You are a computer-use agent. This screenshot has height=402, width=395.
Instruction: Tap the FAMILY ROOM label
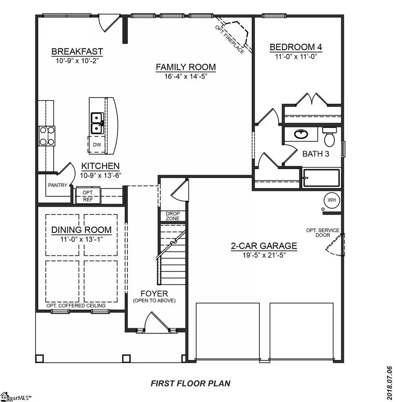[x=186, y=67]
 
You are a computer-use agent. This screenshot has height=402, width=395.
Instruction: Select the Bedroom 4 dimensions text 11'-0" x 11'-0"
[x=293, y=56]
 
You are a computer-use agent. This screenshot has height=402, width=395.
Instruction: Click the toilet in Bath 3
[x=329, y=136]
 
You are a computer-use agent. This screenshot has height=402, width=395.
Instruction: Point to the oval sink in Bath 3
[x=301, y=134]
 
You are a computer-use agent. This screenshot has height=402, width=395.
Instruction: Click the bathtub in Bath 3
[x=321, y=178]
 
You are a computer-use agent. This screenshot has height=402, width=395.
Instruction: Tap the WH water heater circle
[x=331, y=200]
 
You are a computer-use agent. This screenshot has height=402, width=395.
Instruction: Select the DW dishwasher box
[x=96, y=144]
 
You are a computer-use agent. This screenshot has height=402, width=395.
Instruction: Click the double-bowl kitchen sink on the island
[x=97, y=123]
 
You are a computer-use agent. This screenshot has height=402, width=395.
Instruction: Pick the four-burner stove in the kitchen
[x=46, y=136]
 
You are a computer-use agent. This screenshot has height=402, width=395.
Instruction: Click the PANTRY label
[x=57, y=185]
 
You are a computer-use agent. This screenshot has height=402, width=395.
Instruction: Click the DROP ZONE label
[x=172, y=216]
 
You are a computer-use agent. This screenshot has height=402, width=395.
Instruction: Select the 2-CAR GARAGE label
[x=264, y=246]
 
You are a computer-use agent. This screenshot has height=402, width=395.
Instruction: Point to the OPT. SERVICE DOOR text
[x=325, y=233]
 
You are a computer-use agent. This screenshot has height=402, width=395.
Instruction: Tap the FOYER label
[x=154, y=293]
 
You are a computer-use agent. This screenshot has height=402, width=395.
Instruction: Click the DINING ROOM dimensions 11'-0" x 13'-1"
[x=81, y=240]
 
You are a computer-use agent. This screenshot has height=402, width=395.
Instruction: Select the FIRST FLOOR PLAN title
[x=190, y=383]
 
